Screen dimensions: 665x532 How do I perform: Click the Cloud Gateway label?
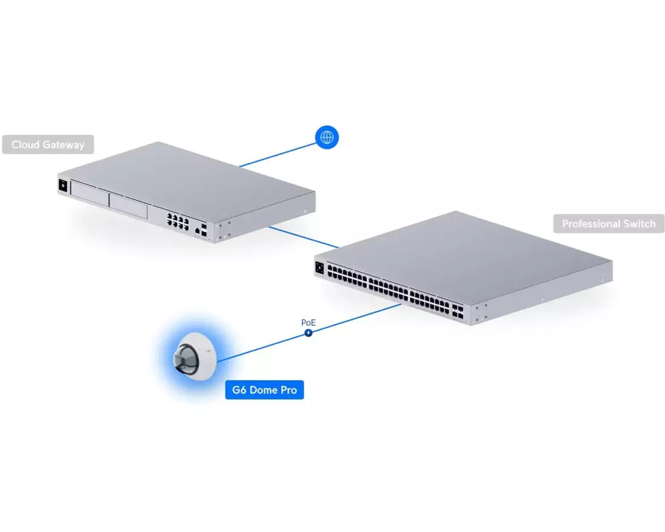click(48, 144)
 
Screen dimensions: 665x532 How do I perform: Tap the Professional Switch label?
click(609, 224)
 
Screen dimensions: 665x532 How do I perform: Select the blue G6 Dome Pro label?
click(265, 390)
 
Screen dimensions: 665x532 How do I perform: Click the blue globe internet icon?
click(327, 137)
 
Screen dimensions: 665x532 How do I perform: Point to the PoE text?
click(308, 323)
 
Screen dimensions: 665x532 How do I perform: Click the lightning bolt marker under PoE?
click(309, 333)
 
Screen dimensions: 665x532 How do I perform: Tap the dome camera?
click(195, 356)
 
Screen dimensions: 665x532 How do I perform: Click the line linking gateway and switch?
click(303, 237)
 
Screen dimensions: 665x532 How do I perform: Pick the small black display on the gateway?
click(63, 186)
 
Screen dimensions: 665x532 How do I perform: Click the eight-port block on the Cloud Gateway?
click(178, 221)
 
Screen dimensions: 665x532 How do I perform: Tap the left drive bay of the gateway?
click(90, 194)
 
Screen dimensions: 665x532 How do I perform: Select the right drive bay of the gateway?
click(128, 206)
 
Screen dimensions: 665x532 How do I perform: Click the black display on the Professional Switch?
click(320, 268)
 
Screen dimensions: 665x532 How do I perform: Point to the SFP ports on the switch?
click(458, 311)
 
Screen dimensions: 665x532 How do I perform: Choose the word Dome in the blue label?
click(265, 390)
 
